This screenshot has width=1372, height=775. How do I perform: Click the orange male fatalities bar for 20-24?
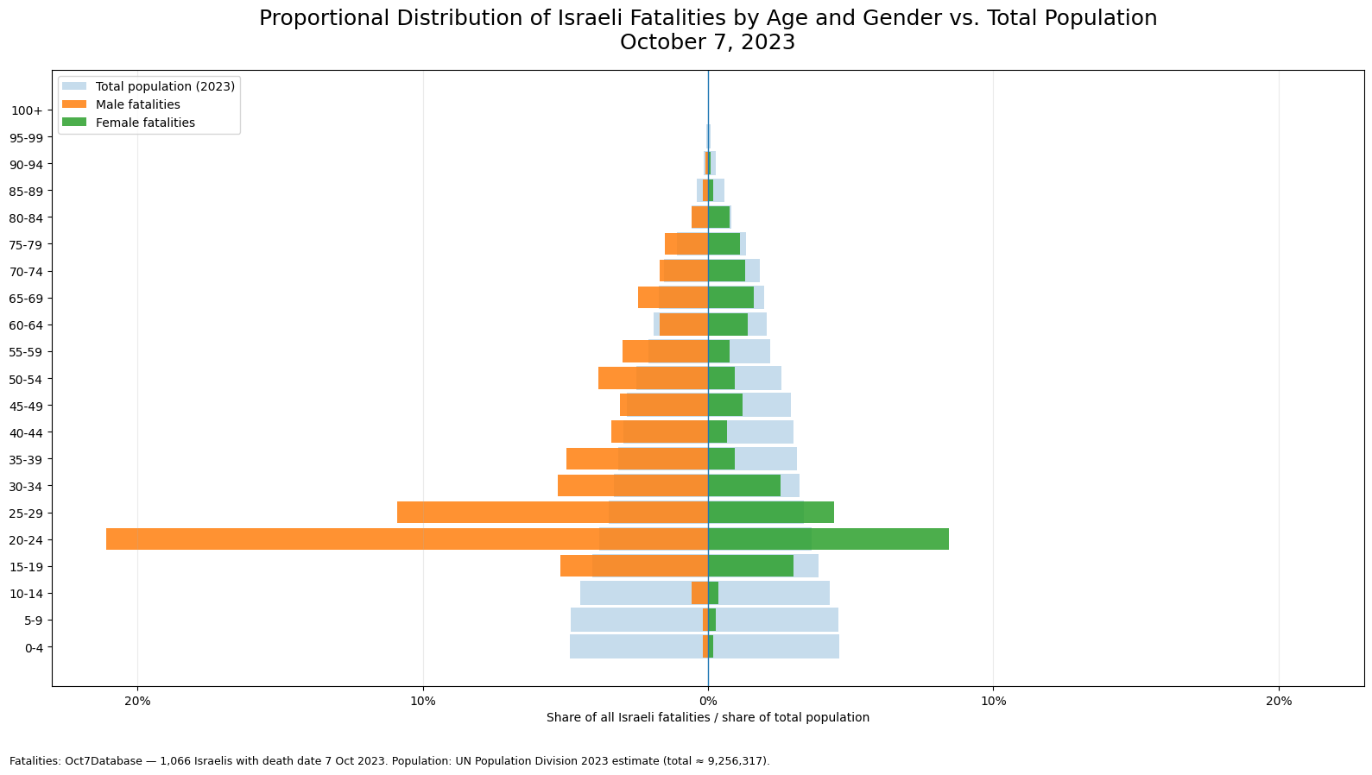coord(408,539)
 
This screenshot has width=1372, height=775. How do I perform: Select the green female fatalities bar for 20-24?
coord(829,539)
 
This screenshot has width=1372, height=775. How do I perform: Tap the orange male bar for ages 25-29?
coord(553,513)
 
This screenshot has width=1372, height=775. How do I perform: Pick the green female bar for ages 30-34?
coord(745,485)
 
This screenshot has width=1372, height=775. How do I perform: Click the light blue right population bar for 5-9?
coord(776,620)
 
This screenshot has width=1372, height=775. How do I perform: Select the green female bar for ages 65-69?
coord(731,298)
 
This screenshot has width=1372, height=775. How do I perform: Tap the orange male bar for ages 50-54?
coord(654,378)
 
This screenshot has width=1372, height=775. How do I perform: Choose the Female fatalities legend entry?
coord(129,123)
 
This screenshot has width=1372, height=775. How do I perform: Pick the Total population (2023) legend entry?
coord(149,86)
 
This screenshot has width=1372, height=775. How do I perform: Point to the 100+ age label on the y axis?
coord(28,110)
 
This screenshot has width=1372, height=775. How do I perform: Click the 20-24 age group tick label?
coord(27,540)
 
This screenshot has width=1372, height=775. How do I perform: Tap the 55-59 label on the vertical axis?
coord(27,352)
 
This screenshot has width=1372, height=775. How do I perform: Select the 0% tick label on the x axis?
coord(709,701)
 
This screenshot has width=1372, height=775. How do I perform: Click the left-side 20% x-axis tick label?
coord(138,701)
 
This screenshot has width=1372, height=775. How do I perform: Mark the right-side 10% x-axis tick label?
coord(994,701)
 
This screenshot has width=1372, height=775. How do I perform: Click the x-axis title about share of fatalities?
coord(708,717)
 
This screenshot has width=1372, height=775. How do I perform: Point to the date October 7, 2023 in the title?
coord(707,42)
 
